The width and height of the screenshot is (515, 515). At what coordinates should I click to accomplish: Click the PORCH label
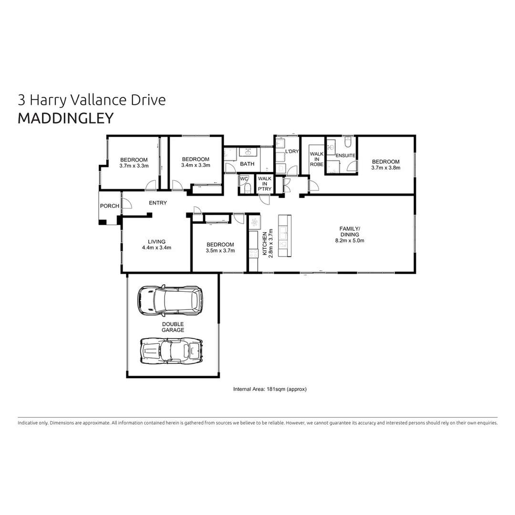tap(109, 206)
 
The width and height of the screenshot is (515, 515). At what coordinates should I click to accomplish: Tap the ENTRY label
tap(158, 203)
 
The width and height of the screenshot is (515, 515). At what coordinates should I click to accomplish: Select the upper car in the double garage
tap(169, 300)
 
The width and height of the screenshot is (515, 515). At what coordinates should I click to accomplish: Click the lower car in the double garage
tap(171, 351)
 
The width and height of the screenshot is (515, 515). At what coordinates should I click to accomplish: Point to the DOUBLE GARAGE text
tap(173, 327)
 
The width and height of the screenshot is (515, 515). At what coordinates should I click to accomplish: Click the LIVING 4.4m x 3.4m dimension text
tap(156, 247)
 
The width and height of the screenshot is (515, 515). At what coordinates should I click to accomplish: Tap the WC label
tap(244, 179)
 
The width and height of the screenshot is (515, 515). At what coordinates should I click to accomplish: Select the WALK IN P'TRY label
tap(265, 184)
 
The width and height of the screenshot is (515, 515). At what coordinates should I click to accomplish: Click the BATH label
tap(247, 164)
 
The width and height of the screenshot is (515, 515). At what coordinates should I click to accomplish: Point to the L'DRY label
tap(291, 152)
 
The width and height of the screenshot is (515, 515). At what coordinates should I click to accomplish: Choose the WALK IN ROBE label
tap(317, 159)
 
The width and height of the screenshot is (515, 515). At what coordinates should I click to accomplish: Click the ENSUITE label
tap(345, 155)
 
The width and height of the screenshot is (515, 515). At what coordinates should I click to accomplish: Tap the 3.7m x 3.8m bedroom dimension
tap(386, 167)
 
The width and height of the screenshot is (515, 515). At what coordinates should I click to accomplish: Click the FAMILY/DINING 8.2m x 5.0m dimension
tap(350, 240)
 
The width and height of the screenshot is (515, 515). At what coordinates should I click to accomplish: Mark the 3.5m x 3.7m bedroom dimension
tap(220, 251)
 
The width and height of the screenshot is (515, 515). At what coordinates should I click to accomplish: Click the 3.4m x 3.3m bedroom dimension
tap(196, 165)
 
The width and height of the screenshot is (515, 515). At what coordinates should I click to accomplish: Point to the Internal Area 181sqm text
tap(269, 389)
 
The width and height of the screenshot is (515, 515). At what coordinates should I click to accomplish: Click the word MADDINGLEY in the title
tap(66, 118)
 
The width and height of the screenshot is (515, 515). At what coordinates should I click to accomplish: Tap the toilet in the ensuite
tap(348, 142)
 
